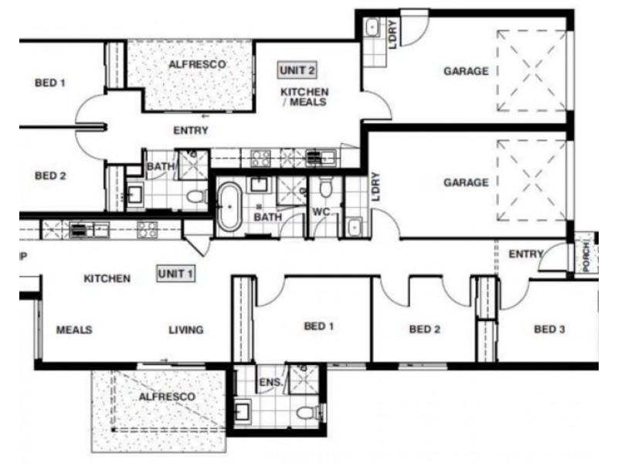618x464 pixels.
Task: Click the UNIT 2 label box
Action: [297, 70]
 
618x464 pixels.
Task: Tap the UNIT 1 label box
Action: [176, 274]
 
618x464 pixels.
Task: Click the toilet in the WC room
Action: [325, 188]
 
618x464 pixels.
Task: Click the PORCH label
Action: [586, 257]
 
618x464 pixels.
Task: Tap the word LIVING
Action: [186, 329]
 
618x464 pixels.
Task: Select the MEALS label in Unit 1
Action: [74, 329]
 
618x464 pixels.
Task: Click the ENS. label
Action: [271, 382]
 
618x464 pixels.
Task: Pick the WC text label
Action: [321, 212]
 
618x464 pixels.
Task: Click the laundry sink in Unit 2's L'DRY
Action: [372, 28]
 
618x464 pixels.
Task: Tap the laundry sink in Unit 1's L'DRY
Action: [355, 227]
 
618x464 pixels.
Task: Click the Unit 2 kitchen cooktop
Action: [261, 158]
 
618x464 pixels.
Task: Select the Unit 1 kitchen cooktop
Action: [147, 230]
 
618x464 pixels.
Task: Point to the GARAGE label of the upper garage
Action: [466, 71]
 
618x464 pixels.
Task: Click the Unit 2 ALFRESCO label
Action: [197, 64]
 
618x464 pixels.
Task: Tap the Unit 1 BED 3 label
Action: [549, 329]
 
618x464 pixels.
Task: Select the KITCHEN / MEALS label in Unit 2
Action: [304, 97]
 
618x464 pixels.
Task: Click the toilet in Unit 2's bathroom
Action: [197, 196]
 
